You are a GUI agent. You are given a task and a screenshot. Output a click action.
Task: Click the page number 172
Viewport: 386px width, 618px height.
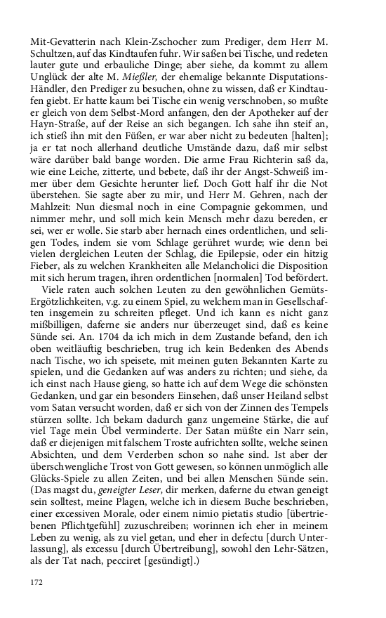(x=36, y=582)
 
